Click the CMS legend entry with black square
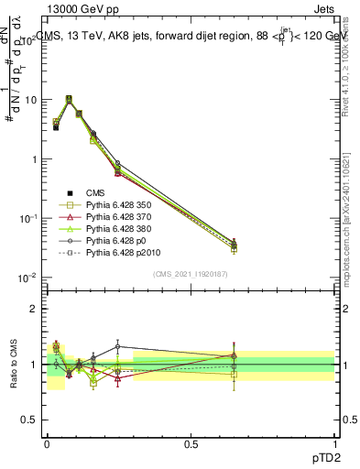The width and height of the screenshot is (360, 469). click(x=97, y=191)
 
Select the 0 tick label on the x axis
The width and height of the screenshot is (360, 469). click(x=46, y=442)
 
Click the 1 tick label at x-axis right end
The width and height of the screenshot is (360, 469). click(x=335, y=442)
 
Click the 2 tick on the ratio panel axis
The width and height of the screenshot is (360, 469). click(x=34, y=309)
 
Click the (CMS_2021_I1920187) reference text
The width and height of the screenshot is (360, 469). click(x=190, y=274)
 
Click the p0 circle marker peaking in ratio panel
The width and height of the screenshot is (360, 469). click(x=117, y=346)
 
